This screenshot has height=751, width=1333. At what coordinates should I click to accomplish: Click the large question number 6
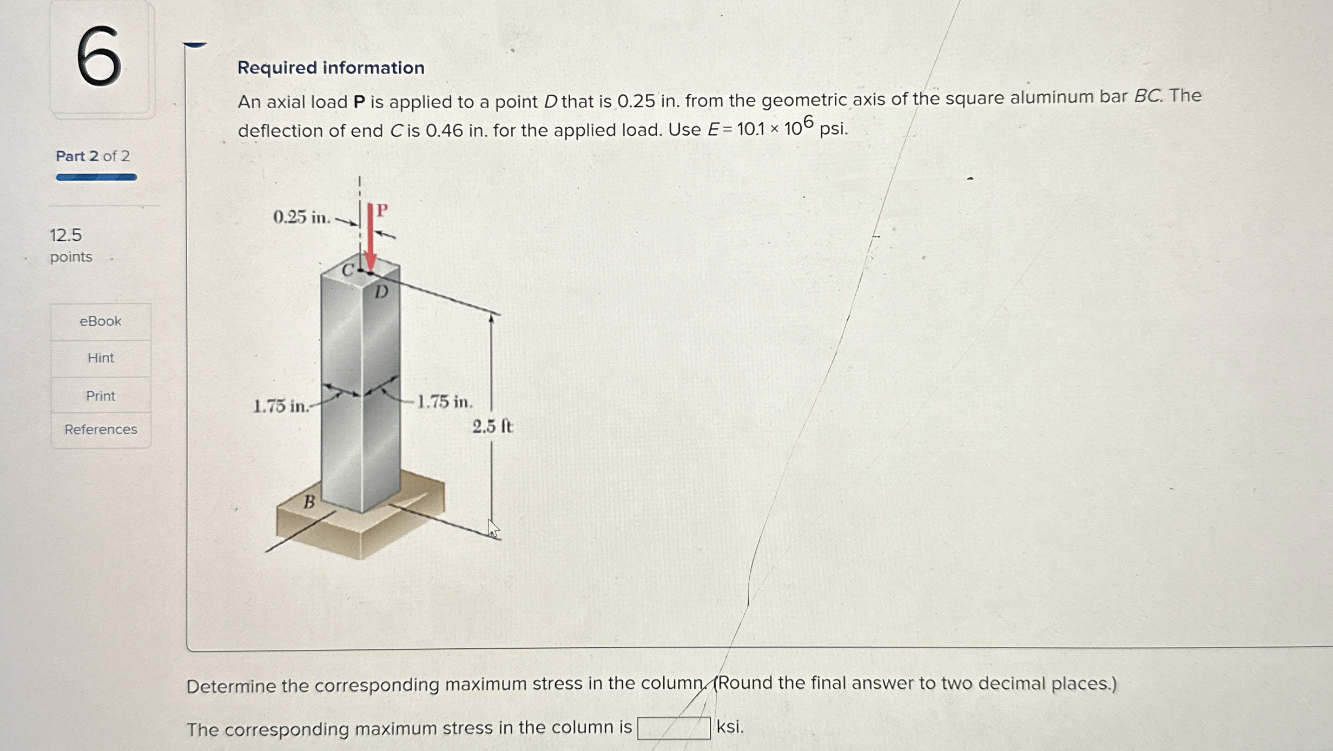99,56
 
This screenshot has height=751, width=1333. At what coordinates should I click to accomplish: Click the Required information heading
331,68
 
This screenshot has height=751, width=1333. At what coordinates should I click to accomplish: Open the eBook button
101,321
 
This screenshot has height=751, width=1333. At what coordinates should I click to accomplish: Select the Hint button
101,358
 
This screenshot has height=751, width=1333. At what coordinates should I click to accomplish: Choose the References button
101,430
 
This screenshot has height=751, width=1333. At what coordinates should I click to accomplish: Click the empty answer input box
674,728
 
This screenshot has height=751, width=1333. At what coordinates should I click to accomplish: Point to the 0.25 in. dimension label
301,218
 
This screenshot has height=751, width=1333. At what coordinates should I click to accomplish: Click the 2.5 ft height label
492,427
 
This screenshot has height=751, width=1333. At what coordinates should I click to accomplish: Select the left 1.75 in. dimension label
281,406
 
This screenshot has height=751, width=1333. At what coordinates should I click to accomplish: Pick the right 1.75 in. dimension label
445,402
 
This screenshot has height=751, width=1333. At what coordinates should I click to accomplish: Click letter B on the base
309,503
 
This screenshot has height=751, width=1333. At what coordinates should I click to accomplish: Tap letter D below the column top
381,293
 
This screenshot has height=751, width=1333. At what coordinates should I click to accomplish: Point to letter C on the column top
348,270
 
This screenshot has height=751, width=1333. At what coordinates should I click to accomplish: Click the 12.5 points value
66,235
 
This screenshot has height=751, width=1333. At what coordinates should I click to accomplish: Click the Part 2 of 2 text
93,156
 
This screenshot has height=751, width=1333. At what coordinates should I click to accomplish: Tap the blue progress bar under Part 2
96,177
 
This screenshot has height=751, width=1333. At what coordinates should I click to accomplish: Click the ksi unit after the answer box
730,727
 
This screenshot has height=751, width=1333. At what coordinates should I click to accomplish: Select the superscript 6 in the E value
808,122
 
